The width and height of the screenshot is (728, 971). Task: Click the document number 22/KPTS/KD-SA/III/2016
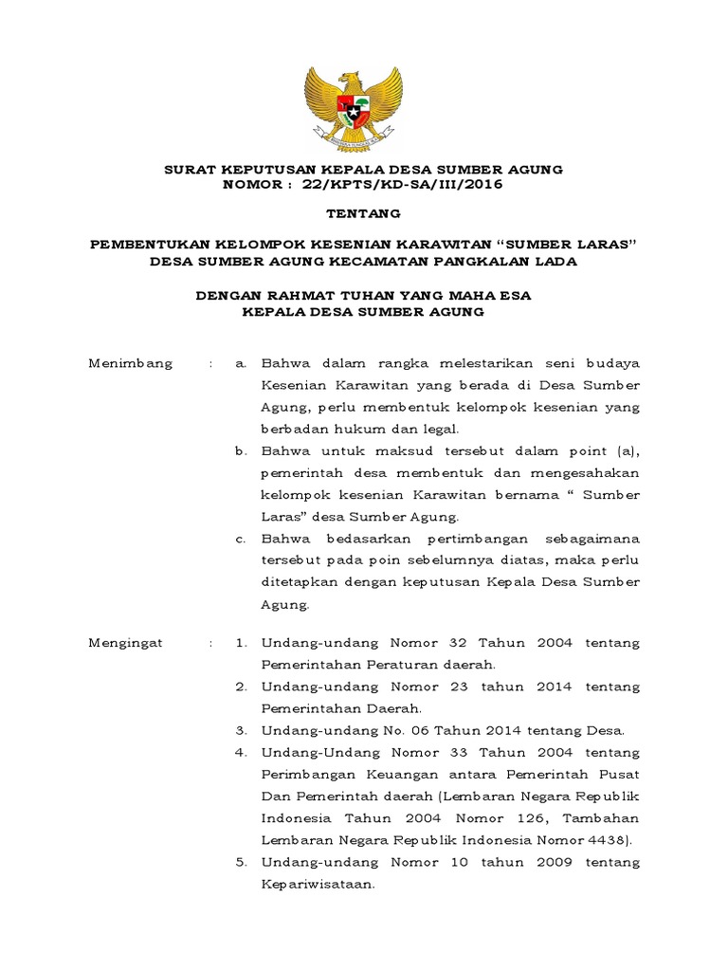(x=402, y=184)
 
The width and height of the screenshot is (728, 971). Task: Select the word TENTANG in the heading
(x=363, y=214)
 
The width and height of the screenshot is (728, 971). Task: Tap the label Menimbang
(x=131, y=363)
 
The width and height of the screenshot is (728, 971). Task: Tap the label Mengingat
(x=126, y=642)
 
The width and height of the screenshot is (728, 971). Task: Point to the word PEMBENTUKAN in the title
(x=152, y=245)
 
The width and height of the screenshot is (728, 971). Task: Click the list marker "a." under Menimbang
(x=241, y=363)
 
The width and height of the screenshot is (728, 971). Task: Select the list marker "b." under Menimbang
(x=241, y=450)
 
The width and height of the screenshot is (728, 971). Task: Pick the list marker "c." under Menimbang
(x=241, y=538)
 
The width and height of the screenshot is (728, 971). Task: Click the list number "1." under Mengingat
(x=241, y=642)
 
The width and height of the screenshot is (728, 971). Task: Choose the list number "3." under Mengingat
(x=241, y=730)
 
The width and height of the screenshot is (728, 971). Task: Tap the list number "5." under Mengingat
(x=241, y=862)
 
